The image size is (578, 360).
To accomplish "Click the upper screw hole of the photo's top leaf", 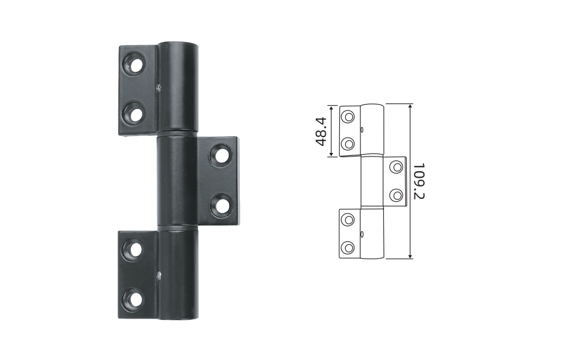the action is coord(133,64).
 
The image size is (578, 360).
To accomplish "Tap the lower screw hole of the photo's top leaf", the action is coord(133,113).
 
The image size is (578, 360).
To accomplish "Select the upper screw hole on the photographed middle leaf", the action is coord(221,155).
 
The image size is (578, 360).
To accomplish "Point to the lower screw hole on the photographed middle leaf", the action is coord(222,205).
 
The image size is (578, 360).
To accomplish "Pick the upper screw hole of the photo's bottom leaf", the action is coord(132,250).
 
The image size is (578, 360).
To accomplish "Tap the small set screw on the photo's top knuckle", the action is coord(159,88).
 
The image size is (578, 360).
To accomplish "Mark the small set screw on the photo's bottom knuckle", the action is coord(159,275).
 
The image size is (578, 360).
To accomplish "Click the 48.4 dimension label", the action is coord(321,131).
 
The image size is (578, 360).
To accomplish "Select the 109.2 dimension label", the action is coord(419,181).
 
